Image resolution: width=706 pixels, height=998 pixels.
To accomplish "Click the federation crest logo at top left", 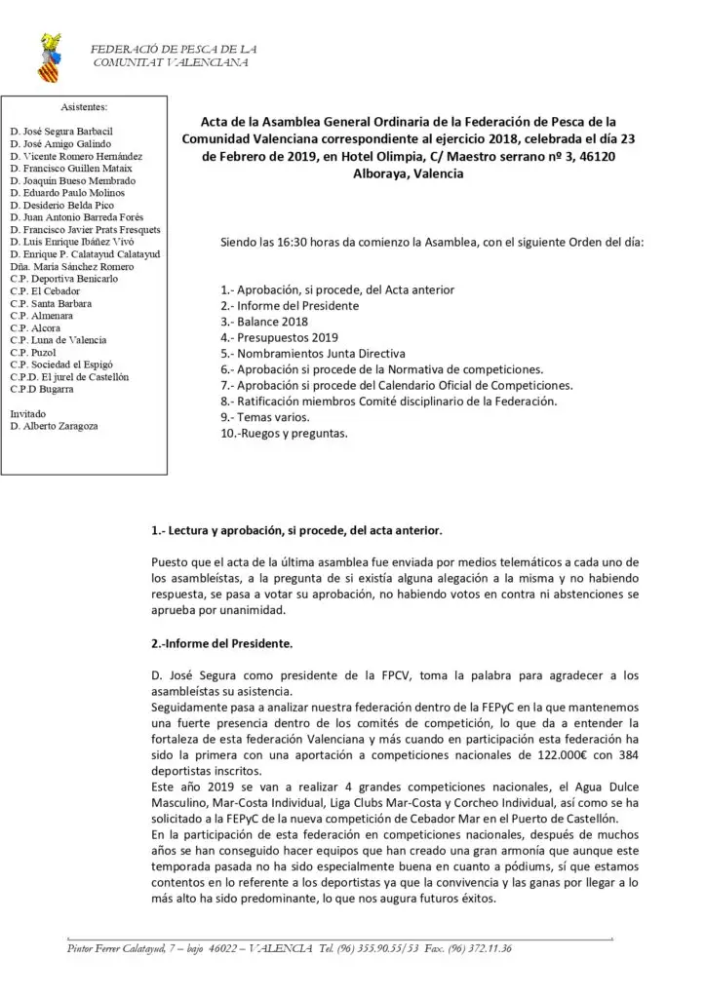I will (x=48, y=58).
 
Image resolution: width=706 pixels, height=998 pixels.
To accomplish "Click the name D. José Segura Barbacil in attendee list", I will (x=60, y=130).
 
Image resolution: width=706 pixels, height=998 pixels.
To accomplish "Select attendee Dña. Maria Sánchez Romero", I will (x=72, y=266).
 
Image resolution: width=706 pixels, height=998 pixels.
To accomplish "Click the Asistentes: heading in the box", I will (x=84, y=107).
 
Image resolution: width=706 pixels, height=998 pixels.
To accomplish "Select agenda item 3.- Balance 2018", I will (x=263, y=321).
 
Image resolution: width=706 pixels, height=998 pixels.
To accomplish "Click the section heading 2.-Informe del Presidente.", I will (x=221, y=643).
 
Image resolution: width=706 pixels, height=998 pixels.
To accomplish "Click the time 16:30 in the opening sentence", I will (x=298, y=241).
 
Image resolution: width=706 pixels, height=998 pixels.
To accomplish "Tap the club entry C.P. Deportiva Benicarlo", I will (x=64, y=279).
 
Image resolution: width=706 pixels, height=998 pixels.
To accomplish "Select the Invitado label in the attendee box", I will (x=29, y=413).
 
